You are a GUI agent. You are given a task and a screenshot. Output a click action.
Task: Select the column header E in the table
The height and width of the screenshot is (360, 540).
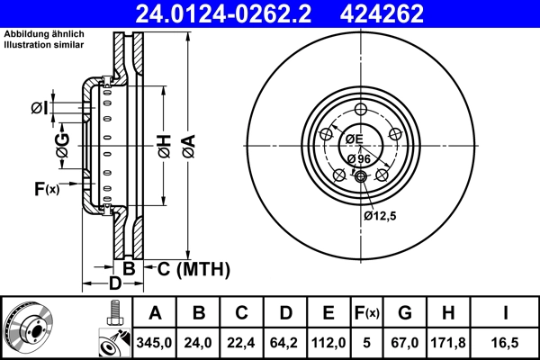click(329, 314)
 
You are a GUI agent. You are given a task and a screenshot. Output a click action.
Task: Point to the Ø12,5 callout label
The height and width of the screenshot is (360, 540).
click(379, 216)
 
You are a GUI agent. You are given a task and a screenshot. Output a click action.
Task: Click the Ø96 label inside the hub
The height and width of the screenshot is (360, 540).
click(358, 159)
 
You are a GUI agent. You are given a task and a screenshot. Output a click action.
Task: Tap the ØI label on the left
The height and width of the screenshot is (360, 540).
click(38, 108)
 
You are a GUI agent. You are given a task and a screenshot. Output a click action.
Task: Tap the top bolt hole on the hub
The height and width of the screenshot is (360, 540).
click(361, 110)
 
